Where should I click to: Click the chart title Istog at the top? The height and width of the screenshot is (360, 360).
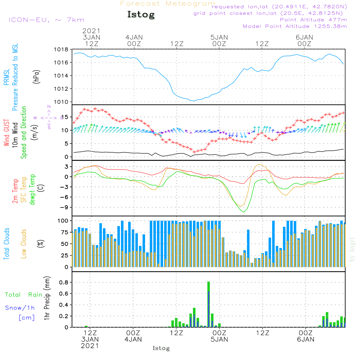tap(141, 15)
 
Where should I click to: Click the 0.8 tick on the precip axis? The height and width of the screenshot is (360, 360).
tap(64, 282)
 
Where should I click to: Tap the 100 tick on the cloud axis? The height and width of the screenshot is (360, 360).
tap(63, 220)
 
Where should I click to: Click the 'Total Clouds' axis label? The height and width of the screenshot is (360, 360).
tap(6, 244)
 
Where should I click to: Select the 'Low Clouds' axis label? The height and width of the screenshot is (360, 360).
tap(24, 244)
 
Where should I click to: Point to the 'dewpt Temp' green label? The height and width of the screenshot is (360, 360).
tap(32, 189)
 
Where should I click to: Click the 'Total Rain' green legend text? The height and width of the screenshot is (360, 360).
tap(23, 295)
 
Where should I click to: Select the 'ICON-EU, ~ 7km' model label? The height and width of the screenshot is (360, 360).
tap(46, 19)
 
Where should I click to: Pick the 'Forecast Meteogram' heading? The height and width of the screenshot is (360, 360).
tap(167, 4)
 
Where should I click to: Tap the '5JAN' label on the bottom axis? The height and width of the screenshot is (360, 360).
tap(219, 339)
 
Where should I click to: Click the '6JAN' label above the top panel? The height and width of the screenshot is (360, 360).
tap(304, 37)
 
